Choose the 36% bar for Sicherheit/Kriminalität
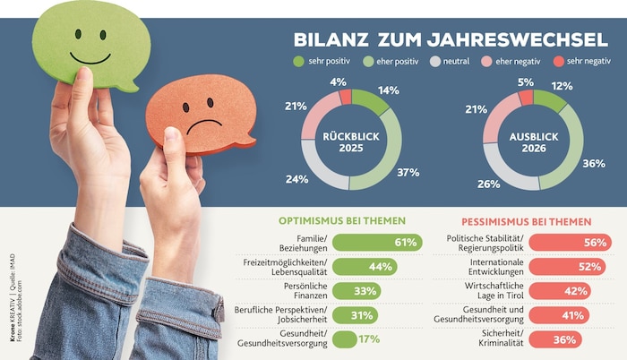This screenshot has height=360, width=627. (x=554, y=339)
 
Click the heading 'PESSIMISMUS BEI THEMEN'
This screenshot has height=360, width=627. (x=527, y=220)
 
